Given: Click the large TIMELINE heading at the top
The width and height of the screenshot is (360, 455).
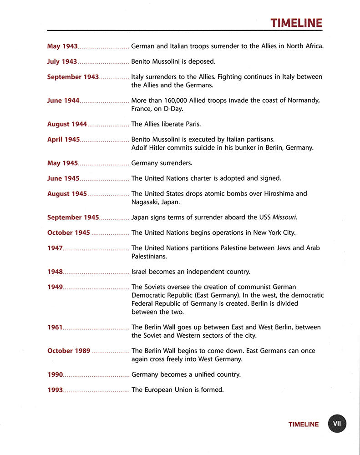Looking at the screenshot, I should pyautogui.click(x=296, y=23).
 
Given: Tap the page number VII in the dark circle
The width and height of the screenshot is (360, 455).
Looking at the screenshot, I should pyautogui.click(x=337, y=424).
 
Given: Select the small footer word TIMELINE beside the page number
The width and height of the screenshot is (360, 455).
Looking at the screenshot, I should pyautogui.click(x=304, y=425).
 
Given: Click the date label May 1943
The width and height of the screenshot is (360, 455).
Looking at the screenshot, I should pyautogui.click(x=62, y=46).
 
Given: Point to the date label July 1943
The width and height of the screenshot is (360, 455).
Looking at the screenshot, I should pyautogui.click(x=62, y=61).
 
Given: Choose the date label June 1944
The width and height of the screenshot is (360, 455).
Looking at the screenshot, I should pyautogui.click(x=63, y=101).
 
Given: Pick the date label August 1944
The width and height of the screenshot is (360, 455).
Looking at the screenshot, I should pyautogui.click(x=67, y=124).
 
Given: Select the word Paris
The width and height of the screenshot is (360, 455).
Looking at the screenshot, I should pyautogui.click(x=192, y=124).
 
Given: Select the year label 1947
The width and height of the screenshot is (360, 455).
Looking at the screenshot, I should pyautogui.click(x=55, y=248).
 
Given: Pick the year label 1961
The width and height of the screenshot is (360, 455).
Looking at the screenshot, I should pyautogui.click(x=55, y=328).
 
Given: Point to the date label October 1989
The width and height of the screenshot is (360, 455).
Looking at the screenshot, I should pyautogui.click(x=69, y=351).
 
